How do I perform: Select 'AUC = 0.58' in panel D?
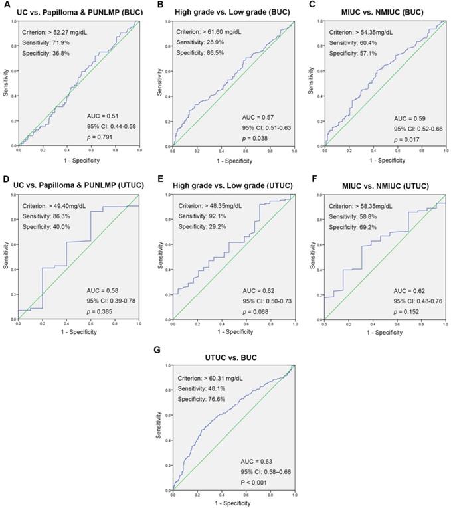tap(103, 290)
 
